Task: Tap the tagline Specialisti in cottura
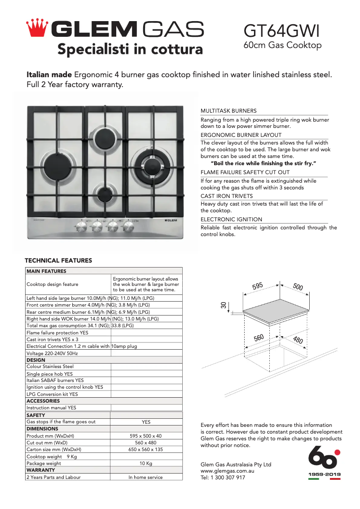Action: (130, 49)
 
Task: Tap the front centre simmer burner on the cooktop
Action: (105, 194)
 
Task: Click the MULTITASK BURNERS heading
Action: (228, 111)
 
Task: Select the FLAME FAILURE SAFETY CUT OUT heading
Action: (245, 172)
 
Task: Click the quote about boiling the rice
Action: (263, 163)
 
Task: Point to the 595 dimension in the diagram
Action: (257, 286)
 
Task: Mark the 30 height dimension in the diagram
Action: (223, 305)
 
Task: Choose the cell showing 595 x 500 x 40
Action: (146, 436)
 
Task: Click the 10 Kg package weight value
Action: (146, 463)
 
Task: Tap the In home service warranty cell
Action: (146, 477)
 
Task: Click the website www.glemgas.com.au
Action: (228, 471)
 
